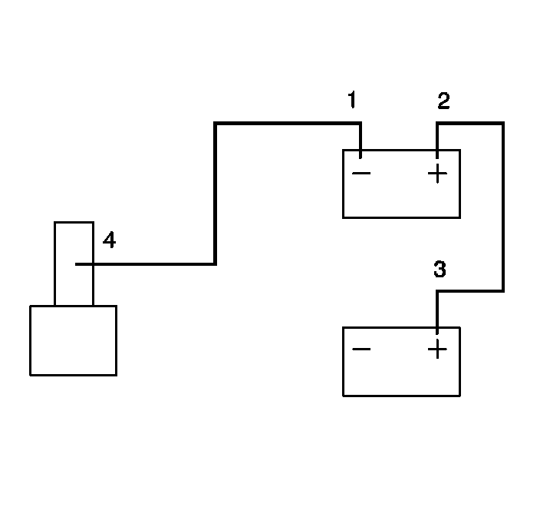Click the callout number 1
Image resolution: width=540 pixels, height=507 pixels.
click(x=352, y=101)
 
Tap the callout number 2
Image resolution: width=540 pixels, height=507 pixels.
click(x=443, y=101)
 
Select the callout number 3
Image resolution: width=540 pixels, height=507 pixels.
click(x=440, y=270)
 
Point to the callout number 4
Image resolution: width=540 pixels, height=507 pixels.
click(x=109, y=241)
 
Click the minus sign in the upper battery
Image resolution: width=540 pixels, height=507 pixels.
click(x=361, y=174)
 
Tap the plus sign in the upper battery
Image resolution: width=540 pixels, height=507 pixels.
click(x=437, y=174)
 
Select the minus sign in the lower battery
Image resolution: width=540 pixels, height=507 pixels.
click(x=361, y=350)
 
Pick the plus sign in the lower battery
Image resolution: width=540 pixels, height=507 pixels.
click(x=437, y=350)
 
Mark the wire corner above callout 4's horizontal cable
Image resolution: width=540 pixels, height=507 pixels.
click(x=216, y=264)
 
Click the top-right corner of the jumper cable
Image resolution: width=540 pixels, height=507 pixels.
click(x=502, y=123)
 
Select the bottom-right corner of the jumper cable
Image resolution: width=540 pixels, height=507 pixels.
click(x=502, y=291)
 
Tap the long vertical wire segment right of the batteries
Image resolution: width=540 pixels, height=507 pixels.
click(x=502, y=207)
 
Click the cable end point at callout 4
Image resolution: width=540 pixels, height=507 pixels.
click(x=77, y=264)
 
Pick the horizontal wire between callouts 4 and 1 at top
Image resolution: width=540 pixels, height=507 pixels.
click(x=288, y=123)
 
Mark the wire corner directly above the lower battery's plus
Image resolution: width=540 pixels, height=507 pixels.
click(x=437, y=292)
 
